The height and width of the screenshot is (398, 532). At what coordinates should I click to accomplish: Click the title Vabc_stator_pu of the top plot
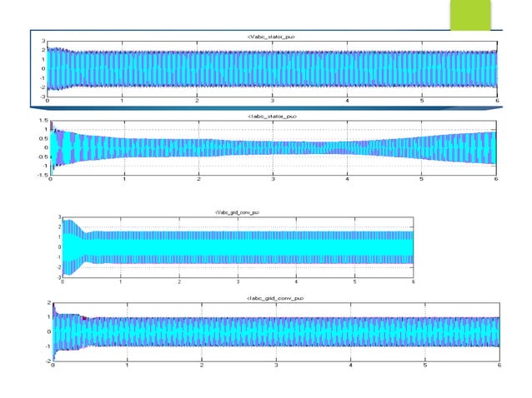pyautogui.click(x=271, y=37)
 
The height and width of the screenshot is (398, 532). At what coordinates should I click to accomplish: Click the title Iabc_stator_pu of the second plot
pyautogui.click(x=272, y=117)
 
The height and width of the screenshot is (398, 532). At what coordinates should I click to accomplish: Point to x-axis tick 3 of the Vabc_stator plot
pyautogui.click(x=272, y=101)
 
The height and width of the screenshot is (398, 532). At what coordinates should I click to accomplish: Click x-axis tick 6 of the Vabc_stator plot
pyautogui.click(x=497, y=101)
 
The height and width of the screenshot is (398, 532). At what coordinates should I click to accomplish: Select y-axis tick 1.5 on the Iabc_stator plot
pyautogui.click(x=42, y=121)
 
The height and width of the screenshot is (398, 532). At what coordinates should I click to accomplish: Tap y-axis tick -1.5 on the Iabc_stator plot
pyautogui.click(x=41, y=175)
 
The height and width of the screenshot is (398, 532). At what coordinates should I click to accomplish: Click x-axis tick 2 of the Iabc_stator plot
pyautogui.click(x=198, y=179)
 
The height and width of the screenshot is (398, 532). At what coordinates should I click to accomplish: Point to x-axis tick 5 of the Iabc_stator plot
pyautogui.click(x=422, y=179)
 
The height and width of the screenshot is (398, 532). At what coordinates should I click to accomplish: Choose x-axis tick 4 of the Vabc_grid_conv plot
pyautogui.click(x=296, y=281)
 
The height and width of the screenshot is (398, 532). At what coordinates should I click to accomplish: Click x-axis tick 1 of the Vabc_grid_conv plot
pyautogui.click(x=121, y=281)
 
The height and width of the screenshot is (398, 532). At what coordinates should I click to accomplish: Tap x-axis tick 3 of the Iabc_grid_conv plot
pyautogui.click(x=276, y=366)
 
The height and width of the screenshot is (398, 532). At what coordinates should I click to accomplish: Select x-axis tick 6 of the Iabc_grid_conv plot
pyautogui.click(x=499, y=366)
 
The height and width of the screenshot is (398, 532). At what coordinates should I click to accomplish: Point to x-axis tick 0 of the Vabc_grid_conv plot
pyautogui.click(x=63, y=281)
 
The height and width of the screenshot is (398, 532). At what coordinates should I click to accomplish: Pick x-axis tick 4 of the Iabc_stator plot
pyautogui.click(x=347, y=179)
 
